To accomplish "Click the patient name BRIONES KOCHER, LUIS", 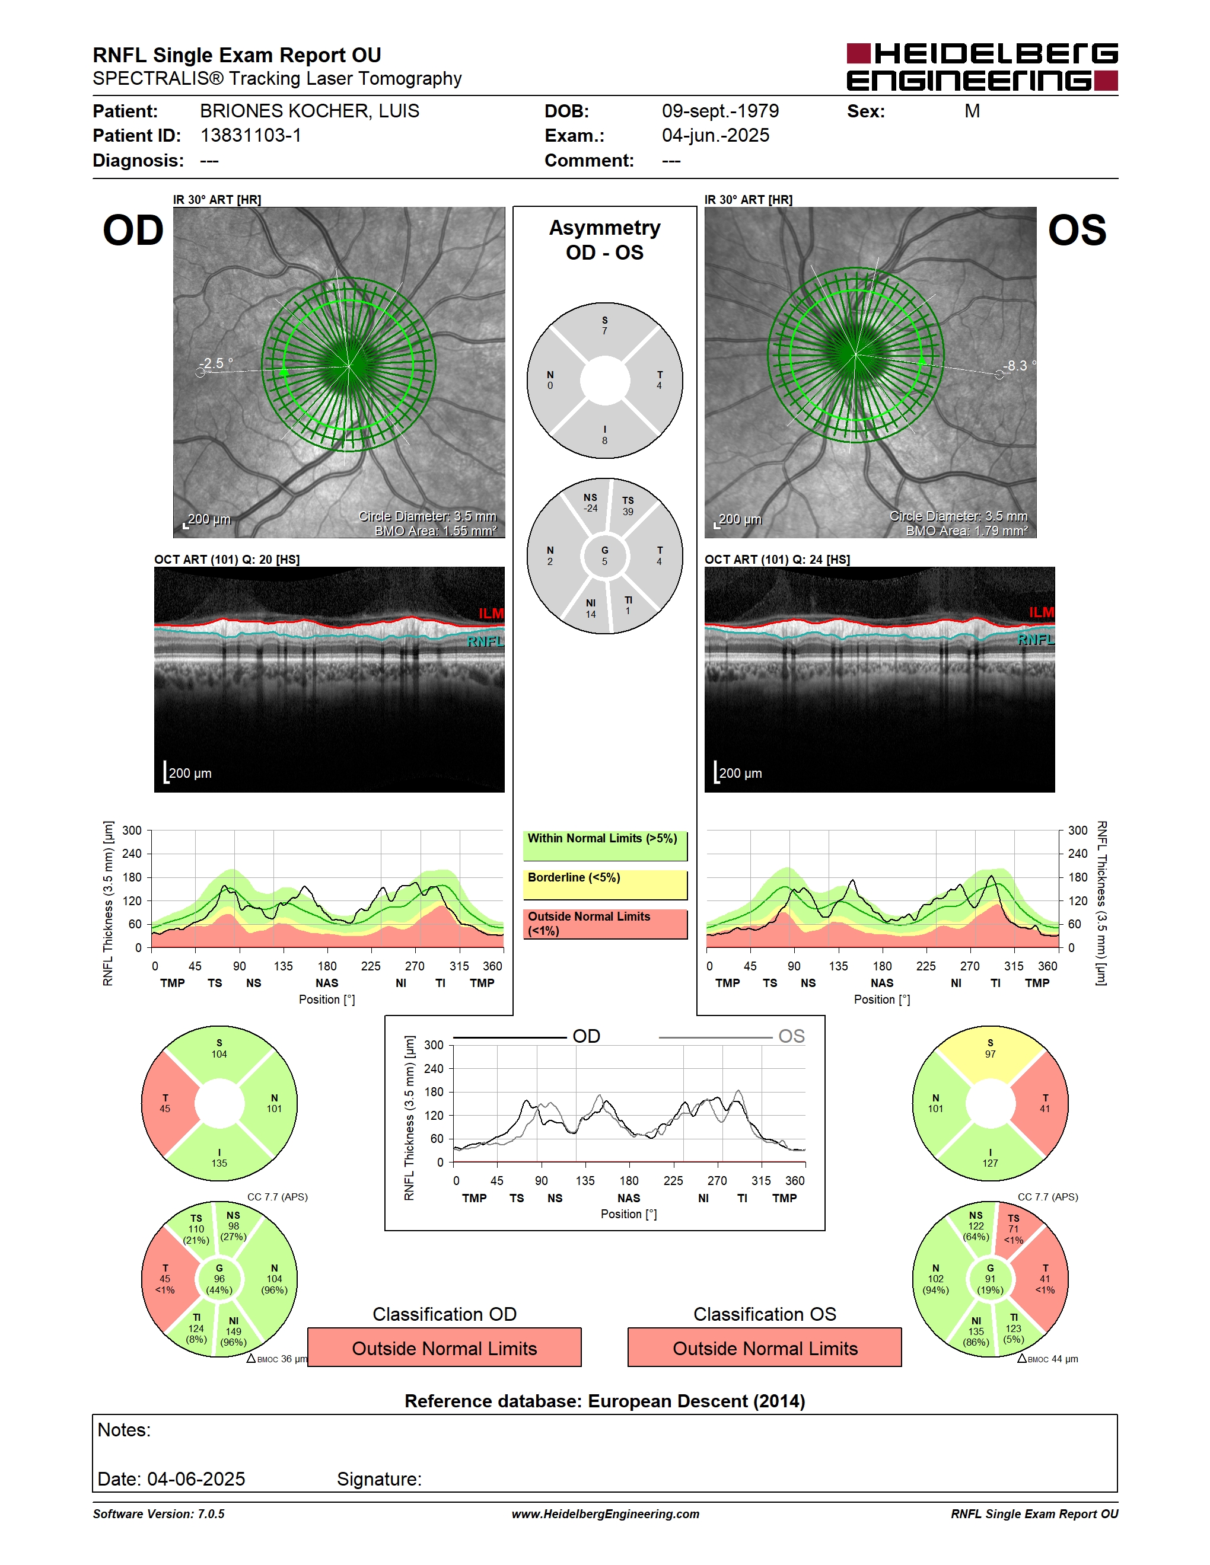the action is coord(309,111).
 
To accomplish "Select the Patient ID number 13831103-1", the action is coord(251,135).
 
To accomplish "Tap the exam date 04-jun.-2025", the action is coord(715,135).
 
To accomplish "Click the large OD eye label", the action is coord(133,230).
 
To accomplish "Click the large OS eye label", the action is coord(1077,230).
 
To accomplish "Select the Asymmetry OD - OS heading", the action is coord(604,240).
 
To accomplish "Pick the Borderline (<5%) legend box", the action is coord(605,885).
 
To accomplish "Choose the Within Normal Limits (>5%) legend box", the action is coord(605,845).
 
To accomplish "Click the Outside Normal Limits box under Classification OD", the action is coord(444,1347).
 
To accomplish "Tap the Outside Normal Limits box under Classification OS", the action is coord(765,1347).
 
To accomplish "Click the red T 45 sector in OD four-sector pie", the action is coord(168,1104).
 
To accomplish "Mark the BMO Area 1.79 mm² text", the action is coord(966,531).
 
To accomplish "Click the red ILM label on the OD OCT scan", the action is coord(491,614).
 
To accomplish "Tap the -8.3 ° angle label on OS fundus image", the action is coord(1018,365).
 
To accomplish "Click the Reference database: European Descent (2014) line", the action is coord(605,1401).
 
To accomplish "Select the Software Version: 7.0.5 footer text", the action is coord(158,1514).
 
